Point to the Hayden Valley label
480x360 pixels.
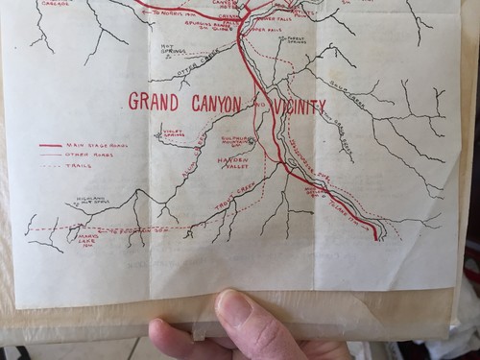235,162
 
